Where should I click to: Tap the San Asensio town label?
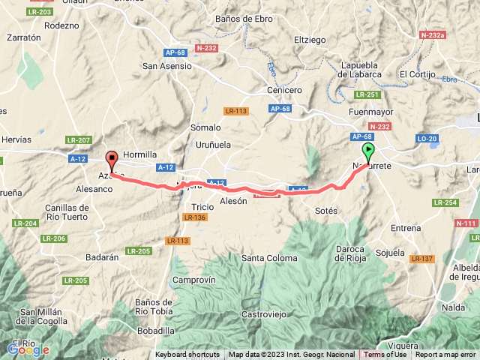(167, 66)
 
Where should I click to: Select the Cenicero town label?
(284, 90)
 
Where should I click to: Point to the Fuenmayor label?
(370, 112)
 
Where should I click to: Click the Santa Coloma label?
(269, 258)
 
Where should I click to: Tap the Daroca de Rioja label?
(351, 253)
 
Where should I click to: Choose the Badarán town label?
(101, 256)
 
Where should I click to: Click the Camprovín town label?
(193, 279)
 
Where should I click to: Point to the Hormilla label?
(139, 154)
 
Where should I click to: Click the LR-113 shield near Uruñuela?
(235, 111)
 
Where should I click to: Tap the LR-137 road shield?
(422, 259)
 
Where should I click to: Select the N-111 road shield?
(466, 223)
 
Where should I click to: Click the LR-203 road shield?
(40, 12)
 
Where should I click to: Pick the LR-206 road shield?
(54, 238)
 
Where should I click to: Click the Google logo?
(28, 349)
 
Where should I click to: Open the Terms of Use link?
(385, 355)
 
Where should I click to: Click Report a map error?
(445, 355)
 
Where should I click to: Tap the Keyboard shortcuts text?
(187, 355)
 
